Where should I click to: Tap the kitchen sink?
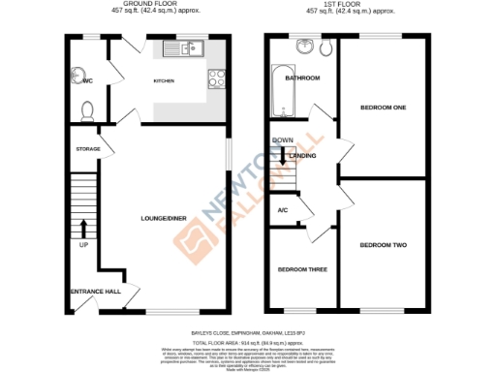click(183, 46)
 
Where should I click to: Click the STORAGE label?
click(88, 149)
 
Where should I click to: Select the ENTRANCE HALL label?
click(94, 291)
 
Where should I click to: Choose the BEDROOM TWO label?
click(384, 246)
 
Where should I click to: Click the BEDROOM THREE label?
click(301, 269)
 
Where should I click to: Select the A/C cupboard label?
click(283, 210)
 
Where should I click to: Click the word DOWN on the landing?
click(283, 140)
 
